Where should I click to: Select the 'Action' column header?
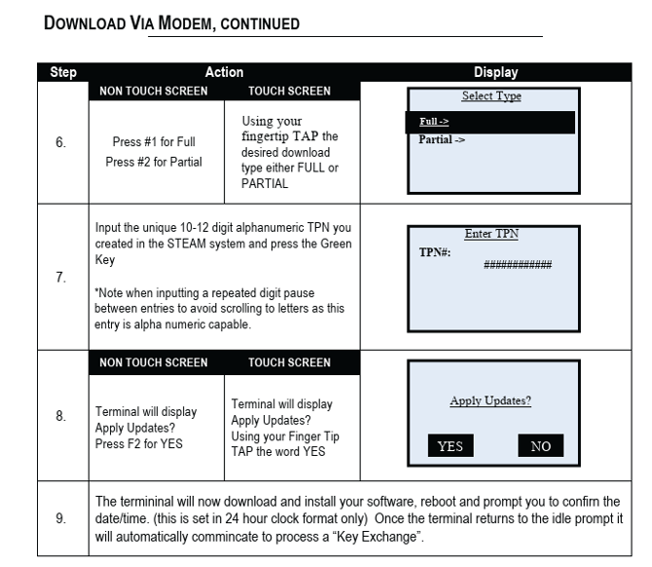pos(224,72)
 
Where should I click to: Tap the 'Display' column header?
pos(496,72)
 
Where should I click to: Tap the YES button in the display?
pos(451,447)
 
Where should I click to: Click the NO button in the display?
pos(540,447)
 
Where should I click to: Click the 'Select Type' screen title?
pos(490,96)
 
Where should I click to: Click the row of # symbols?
pos(518,264)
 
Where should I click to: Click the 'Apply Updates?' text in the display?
pos(490,399)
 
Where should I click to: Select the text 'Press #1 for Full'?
pos(154,142)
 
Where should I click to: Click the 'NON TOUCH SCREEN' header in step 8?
pos(154,362)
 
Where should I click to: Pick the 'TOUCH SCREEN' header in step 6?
pos(290,91)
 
